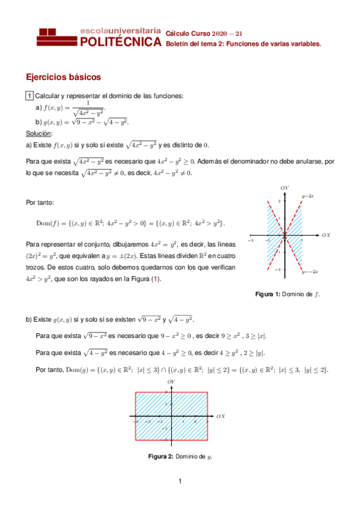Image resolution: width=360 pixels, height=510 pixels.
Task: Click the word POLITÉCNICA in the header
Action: (120, 42)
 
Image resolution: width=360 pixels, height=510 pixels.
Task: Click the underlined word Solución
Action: (39, 133)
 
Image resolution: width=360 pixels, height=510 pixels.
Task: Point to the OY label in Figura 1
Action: (284, 188)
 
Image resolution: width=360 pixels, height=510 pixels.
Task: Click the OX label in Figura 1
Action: (326, 235)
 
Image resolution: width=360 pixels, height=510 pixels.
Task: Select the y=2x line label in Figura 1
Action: (308, 196)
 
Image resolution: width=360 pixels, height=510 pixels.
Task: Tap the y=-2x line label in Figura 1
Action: (310, 272)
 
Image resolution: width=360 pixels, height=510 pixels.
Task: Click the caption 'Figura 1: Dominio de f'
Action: (288, 294)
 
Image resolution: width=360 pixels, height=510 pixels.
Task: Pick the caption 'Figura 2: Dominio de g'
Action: (180, 456)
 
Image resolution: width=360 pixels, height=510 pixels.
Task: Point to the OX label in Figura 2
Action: (221, 416)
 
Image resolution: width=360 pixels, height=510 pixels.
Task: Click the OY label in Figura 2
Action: (171, 382)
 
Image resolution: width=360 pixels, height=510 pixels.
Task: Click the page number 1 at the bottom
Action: (180, 481)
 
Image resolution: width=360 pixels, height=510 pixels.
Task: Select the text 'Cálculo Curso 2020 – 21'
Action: (204, 34)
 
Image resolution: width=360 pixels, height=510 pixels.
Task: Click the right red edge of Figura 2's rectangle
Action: (208, 416)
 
